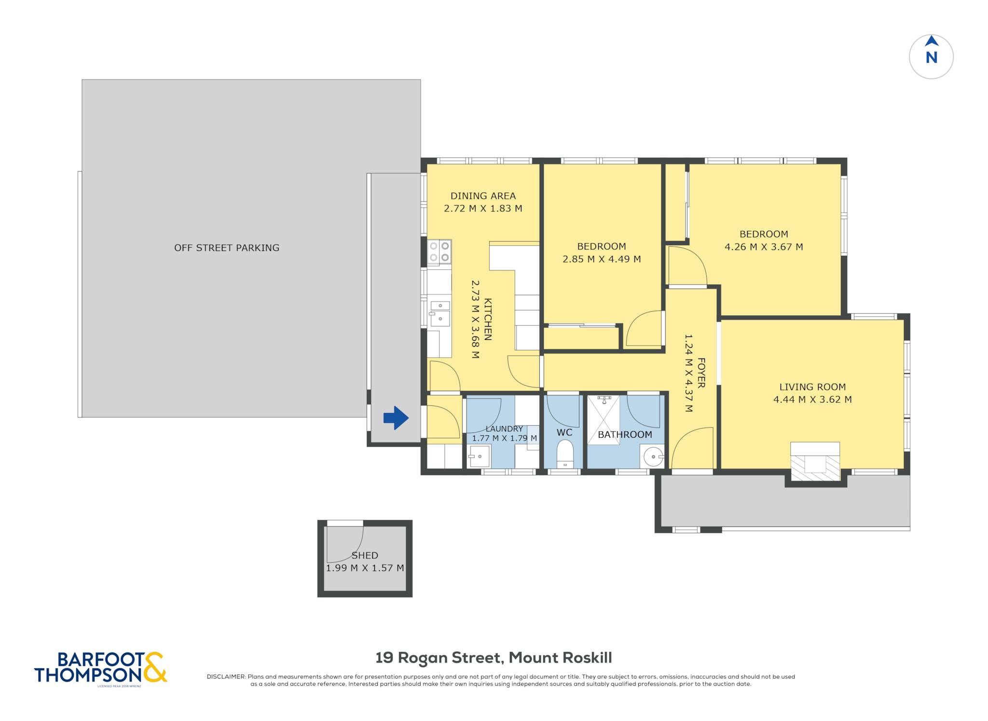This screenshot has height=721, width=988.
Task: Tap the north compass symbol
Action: [x=931, y=56]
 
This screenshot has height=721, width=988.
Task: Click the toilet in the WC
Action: [x=564, y=453]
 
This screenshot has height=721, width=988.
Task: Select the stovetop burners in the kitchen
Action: [x=439, y=251]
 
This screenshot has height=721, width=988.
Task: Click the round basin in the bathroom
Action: [x=652, y=456]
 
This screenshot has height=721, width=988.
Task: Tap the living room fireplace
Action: [x=815, y=462]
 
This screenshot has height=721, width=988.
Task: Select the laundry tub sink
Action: [x=479, y=456]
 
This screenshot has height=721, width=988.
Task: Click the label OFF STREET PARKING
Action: [x=227, y=248]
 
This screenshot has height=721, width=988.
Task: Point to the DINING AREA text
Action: [x=483, y=196]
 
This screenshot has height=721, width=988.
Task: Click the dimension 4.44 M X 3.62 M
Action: [x=812, y=400]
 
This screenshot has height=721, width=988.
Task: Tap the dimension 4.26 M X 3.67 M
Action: [x=764, y=247]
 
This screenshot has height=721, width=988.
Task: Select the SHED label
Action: [x=365, y=555]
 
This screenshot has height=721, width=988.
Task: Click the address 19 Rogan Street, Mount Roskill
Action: [x=494, y=658]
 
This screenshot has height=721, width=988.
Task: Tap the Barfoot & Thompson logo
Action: [x=100, y=668]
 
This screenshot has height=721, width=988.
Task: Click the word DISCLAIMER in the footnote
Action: [x=226, y=677]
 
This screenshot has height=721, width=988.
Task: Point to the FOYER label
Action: [x=701, y=373]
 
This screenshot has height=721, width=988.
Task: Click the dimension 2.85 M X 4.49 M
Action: [x=602, y=259]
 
